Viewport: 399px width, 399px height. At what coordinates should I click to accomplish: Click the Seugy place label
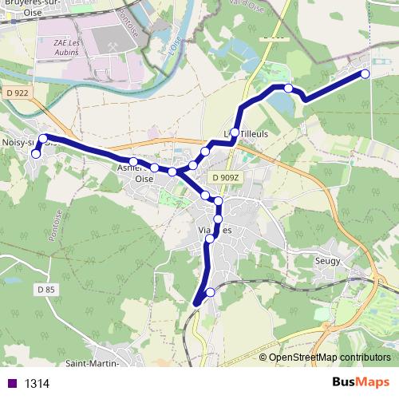pyautogui.click(x=327, y=261)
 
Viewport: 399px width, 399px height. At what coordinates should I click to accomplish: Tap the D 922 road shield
pyautogui.click(x=15, y=93)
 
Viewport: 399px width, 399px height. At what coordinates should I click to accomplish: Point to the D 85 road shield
pyautogui.click(x=47, y=289)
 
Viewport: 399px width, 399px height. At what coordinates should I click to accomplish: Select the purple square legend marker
pyautogui.click(x=10, y=384)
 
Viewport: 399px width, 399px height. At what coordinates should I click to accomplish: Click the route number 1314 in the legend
pyautogui.click(x=37, y=384)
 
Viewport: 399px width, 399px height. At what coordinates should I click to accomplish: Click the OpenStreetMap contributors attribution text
pyautogui.click(x=330, y=358)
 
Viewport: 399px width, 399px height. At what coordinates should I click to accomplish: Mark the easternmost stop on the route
pyautogui.click(x=365, y=73)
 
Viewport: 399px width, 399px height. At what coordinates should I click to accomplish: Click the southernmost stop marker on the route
pyautogui.click(x=211, y=293)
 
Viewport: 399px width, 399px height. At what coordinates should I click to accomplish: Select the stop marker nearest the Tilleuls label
pyautogui.click(x=235, y=132)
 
